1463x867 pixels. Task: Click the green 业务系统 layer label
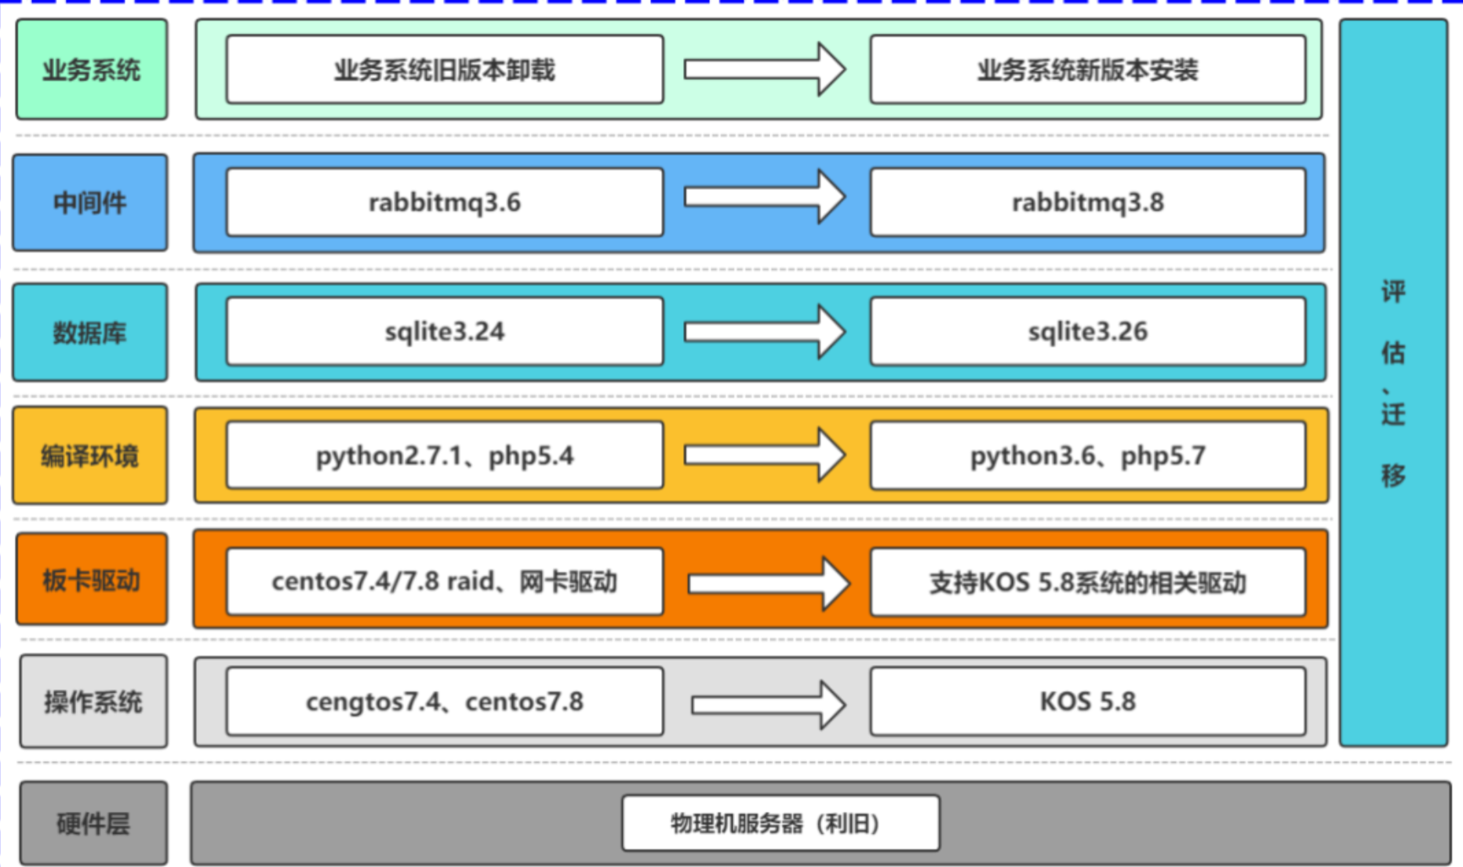(x=92, y=70)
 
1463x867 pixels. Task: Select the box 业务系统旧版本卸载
(x=444, y=70)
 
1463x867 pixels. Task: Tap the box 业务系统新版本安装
(x=1087, y=70)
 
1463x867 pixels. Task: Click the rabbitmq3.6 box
(x=444, y=202)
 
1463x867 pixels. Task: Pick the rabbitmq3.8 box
(x=1087, y=202)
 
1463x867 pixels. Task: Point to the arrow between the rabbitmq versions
(x=765, y=197)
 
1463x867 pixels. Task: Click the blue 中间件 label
(x=90, y=203)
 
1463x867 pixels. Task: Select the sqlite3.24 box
(x=444, y=331)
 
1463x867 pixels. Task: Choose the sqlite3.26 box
(x=1087, y=331)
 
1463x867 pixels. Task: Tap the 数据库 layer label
(x=90, y=333)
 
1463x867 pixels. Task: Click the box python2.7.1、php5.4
(x=444, y=455)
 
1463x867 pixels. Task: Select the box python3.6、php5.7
(x=1087, y=455)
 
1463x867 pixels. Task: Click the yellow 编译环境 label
(x=90, y=455)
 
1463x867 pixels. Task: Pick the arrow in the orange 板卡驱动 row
(x=769, y=583)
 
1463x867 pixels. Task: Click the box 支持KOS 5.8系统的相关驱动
(x=1087, y=582)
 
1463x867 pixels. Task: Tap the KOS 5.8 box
(x=1087, y=701)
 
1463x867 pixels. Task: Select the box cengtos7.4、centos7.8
(x=444, y=701)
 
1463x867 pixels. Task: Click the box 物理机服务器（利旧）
(x=781, y=823)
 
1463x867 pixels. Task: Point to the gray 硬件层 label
(x=93, y=823)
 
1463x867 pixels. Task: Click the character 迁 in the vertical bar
(x=1393, y=413)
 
